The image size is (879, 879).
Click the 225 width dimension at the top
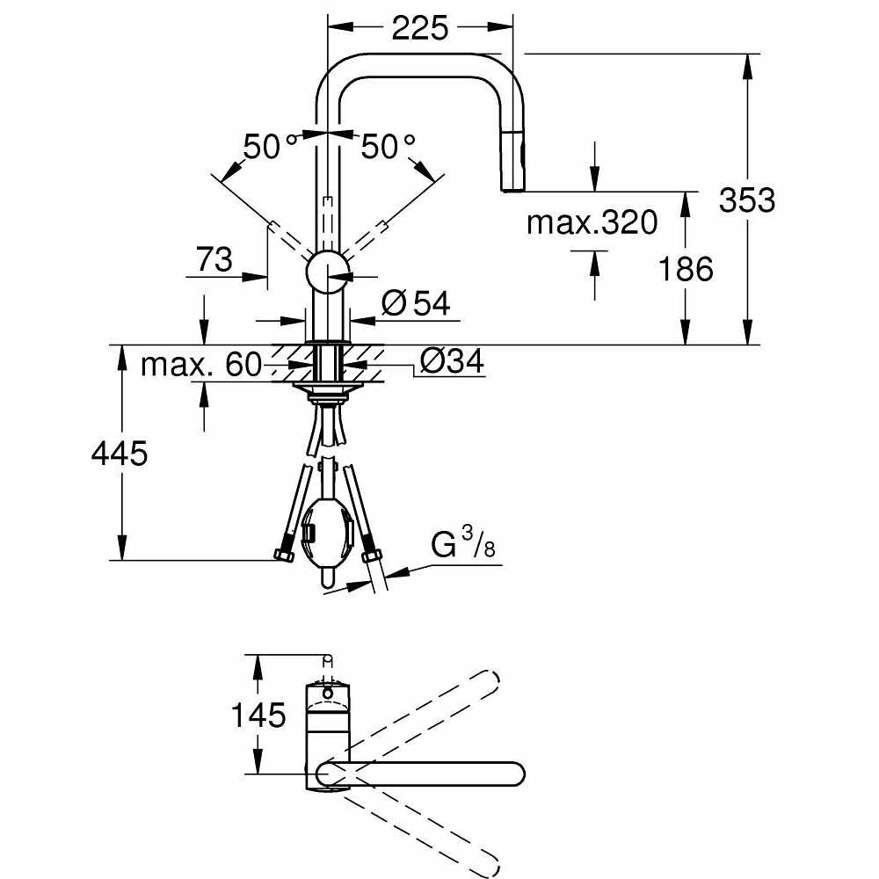(419, 28)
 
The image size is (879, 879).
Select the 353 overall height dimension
(746, 200)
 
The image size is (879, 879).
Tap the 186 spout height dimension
(686, 268)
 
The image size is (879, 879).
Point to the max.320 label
(592, 223)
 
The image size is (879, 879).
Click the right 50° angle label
(388, 147)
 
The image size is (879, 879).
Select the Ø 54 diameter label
(416, 304)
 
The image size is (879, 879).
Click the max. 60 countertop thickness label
(201, 364)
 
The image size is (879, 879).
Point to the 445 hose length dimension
(120, 454)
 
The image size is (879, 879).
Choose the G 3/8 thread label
(464, 547)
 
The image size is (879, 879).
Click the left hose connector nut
(284, 554)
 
